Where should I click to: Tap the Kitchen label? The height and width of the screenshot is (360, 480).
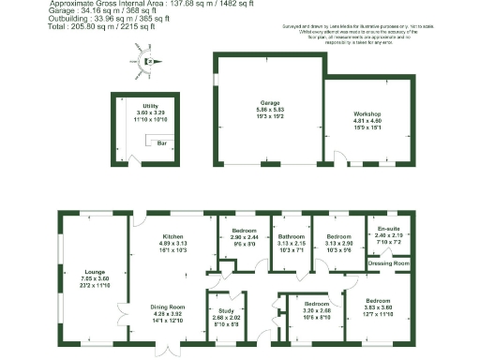pos(172,236)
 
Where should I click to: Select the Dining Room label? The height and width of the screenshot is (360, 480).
pos(171,307)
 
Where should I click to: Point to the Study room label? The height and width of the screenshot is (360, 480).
pos(226,310)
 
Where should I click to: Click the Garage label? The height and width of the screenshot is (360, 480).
pos(271,103)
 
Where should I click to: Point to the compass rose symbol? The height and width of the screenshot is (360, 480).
pos(147,63)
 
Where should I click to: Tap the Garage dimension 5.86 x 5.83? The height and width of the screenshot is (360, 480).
pos(271,110)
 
